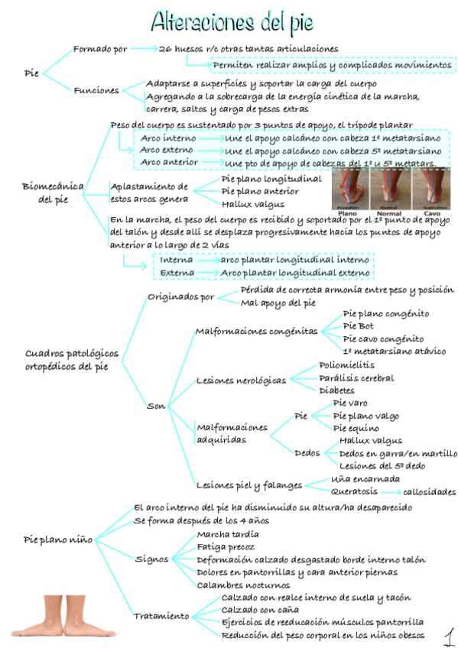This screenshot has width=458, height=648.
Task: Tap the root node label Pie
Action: (31, 73)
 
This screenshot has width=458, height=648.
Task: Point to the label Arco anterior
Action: (169, 163)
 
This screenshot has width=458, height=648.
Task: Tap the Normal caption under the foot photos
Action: (389, 212)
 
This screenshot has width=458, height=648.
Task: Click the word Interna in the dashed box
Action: (176, 260)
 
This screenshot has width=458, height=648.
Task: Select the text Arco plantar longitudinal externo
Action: (294, 273)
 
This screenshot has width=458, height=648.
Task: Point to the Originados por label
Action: (180, 297)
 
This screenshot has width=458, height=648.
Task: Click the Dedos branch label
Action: (307, 453)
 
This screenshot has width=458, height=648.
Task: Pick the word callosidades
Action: (428, 491)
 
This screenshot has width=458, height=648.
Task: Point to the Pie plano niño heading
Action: (57, 539)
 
